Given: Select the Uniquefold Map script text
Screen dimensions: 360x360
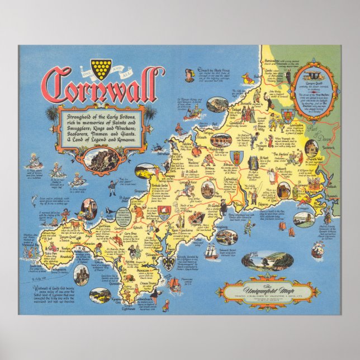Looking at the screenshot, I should (271, 285).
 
